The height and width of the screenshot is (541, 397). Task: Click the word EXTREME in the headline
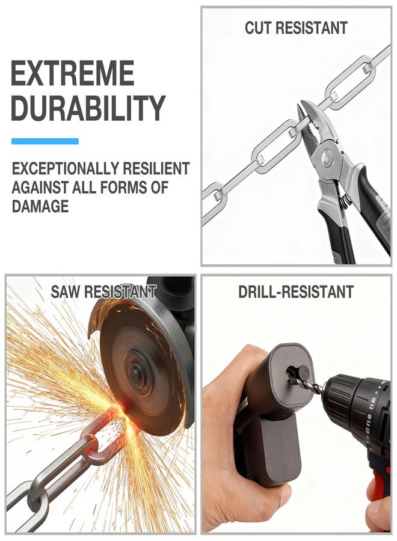[73, 73]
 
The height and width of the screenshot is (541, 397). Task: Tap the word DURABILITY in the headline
[88, 108]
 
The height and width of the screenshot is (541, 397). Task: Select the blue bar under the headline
[45, 141]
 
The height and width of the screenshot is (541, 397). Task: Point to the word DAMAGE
[40, 206]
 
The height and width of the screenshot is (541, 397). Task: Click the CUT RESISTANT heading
[296, 28]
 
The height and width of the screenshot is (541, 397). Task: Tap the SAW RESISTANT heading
[103, 292]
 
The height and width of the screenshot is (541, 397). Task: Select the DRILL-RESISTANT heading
[296, 292]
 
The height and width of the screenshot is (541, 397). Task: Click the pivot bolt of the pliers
[327, 158]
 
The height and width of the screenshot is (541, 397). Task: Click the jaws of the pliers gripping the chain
[312, 123]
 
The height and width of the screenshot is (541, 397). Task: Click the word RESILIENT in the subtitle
[156, 169]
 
